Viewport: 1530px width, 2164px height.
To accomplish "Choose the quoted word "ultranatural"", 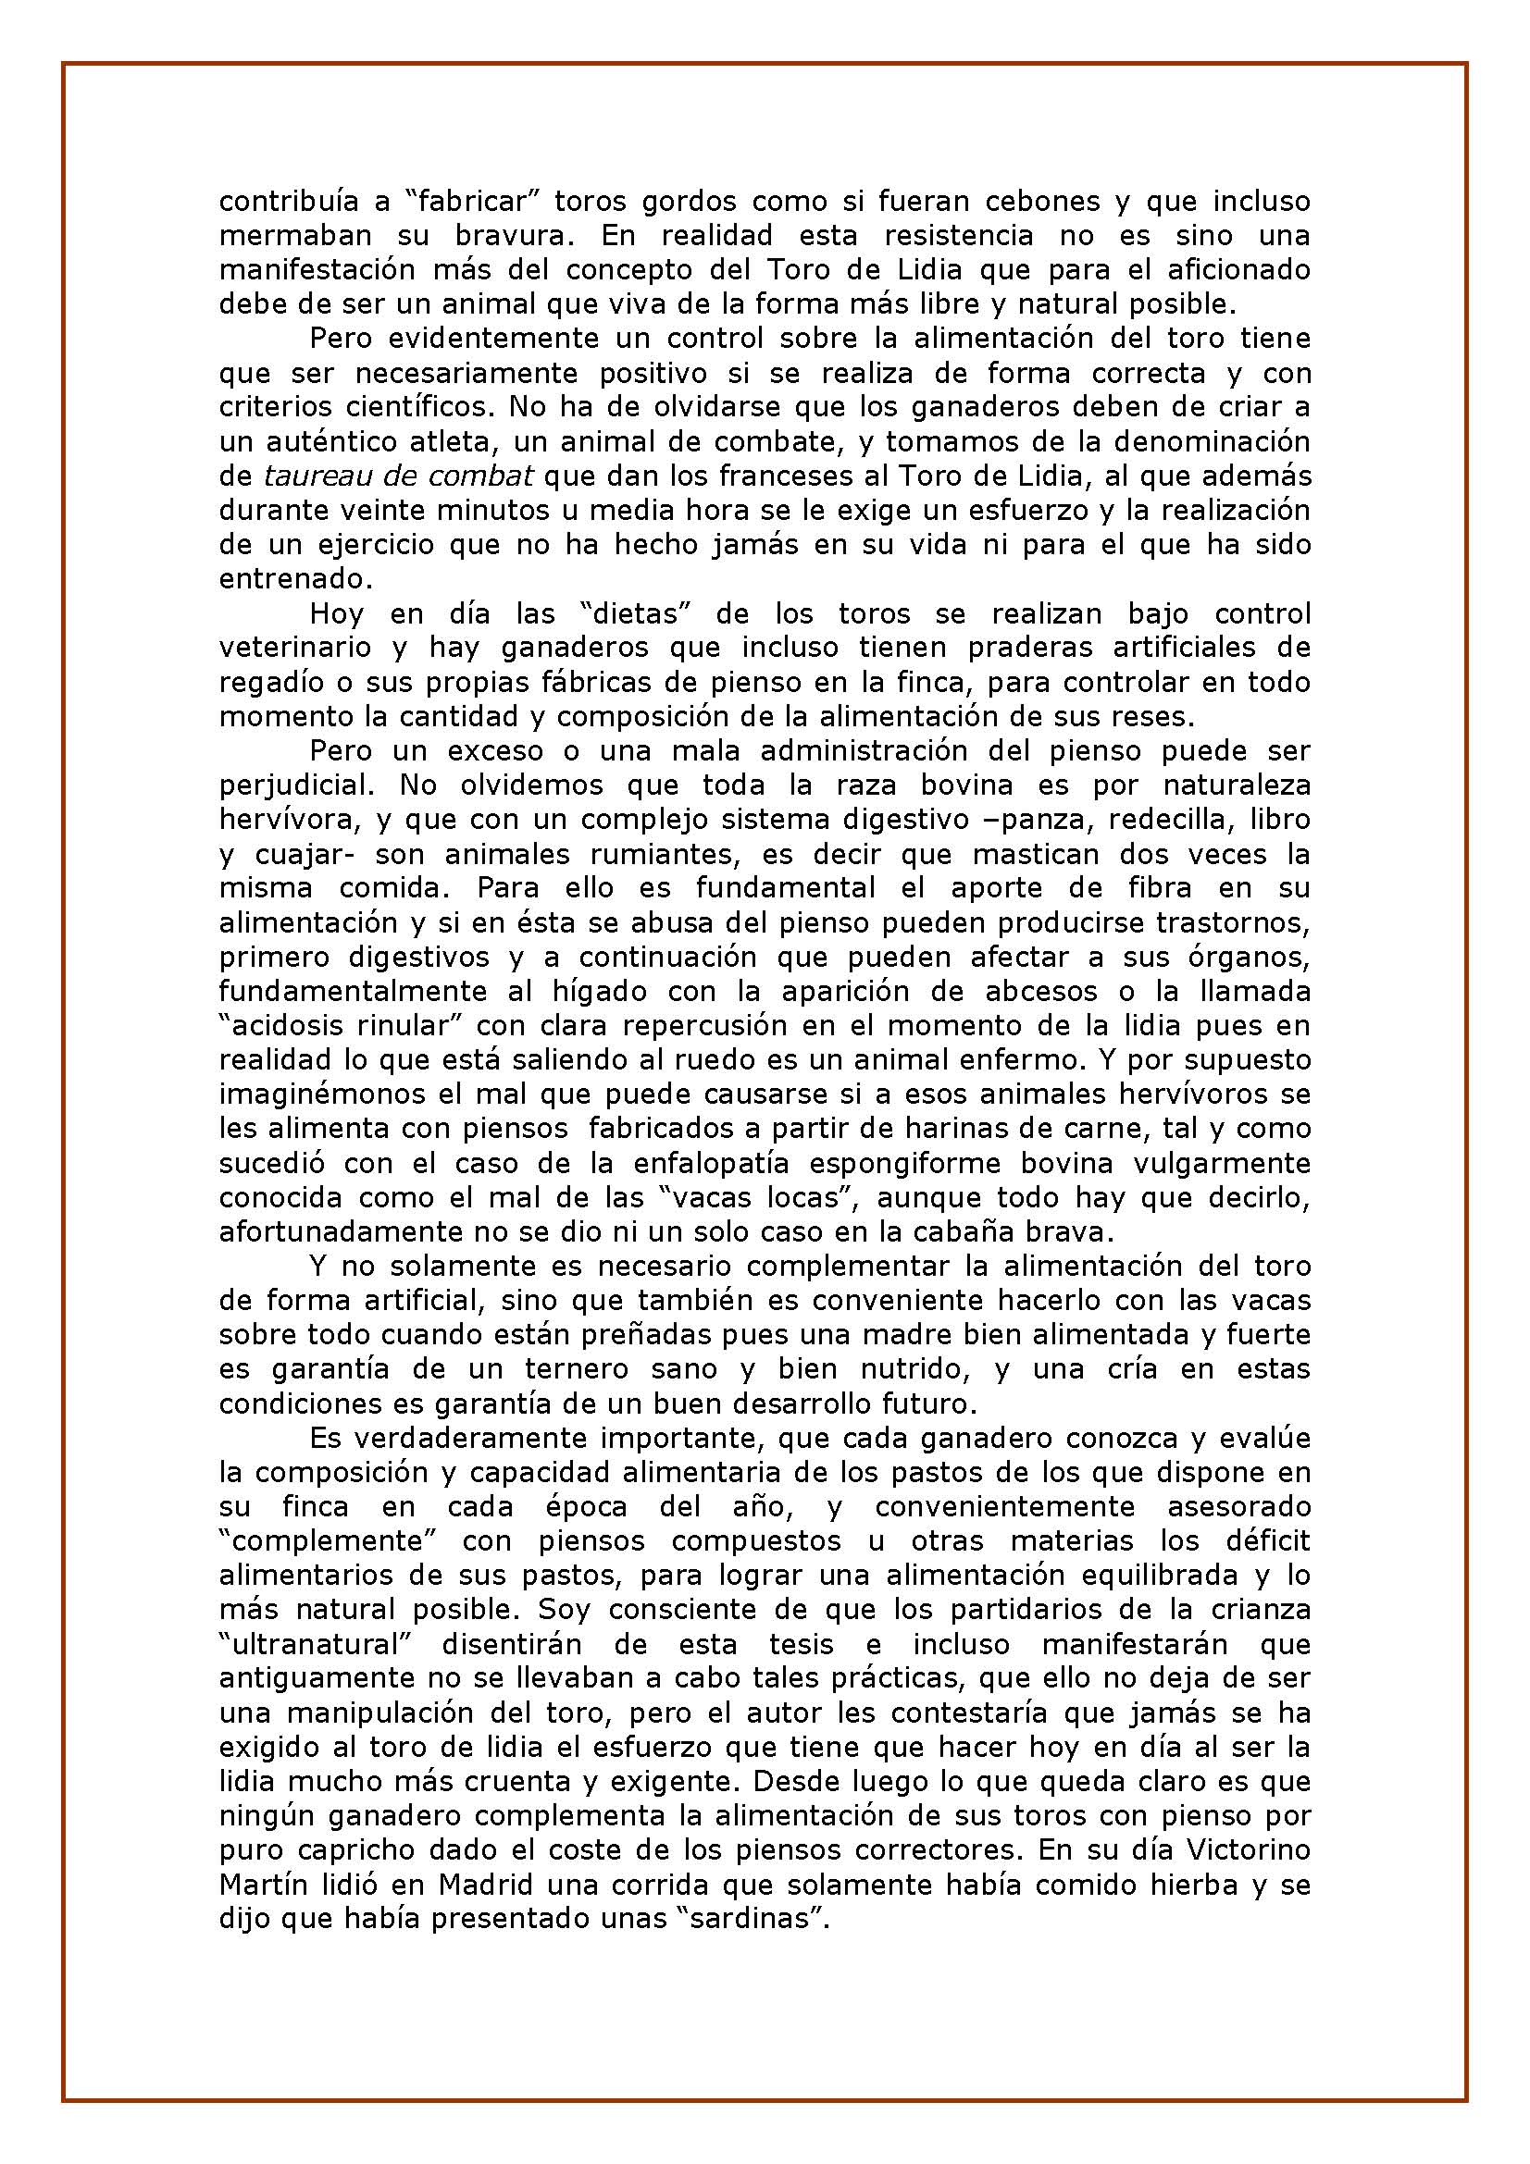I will pyautogui.click(x=315, y=1645).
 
